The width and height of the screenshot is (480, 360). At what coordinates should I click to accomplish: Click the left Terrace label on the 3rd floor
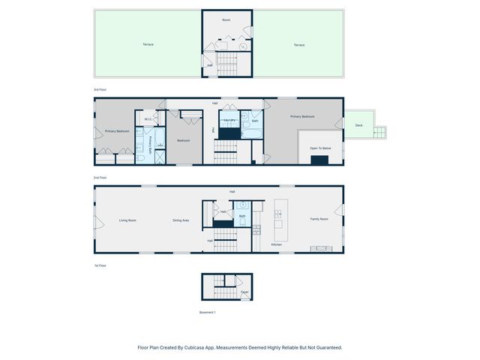[x=148, y=44]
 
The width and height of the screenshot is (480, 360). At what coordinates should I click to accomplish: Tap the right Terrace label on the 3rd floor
[x=299, y=45]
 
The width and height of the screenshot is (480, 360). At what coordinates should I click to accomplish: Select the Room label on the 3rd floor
[x=226, y=19]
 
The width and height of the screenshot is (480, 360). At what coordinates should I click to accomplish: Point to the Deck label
[x=358, y=125]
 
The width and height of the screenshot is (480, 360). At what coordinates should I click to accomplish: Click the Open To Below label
[x=320, y=148]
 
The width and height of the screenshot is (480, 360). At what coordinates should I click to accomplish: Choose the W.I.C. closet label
[x=148, y=118]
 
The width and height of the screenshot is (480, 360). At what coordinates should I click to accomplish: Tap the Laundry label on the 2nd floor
[x=230, y=120]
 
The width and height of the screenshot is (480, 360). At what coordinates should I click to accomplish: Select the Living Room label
[x=127, y=220]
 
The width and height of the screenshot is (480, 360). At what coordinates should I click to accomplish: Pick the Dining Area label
[x=181, y=220]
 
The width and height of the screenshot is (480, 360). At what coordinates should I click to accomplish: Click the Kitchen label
[x=276, y=244]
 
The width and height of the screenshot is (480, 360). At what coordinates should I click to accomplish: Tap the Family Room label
[x=319, y=219]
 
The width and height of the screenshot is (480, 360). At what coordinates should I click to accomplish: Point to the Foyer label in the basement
[x=244, y=292]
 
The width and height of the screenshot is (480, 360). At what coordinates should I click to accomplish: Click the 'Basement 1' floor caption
[x=207, y=312]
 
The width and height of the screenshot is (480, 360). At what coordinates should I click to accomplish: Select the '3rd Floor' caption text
[x=100, y=89]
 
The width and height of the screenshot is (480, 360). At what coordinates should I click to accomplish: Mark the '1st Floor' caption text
[x=100, y=265]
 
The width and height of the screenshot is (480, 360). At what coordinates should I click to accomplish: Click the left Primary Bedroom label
[x=116, y=131]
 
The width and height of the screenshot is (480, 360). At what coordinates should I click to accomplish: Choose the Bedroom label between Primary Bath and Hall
[x=184, y=140]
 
